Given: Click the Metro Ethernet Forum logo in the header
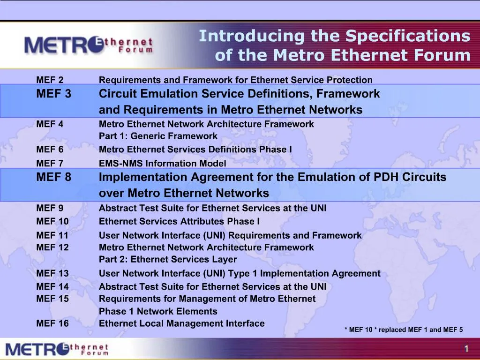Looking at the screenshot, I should click(89, 45).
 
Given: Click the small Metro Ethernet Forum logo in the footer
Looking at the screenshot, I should click(57, 349).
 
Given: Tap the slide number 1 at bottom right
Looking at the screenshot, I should click(466, 348).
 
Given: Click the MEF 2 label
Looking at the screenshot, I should click(50, 80).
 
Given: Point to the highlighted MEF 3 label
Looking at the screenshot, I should click(54, 94).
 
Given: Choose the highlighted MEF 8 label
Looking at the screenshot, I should click(54, 178).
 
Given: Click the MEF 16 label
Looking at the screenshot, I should click(52, 323).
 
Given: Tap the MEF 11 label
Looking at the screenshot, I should click(52, 235).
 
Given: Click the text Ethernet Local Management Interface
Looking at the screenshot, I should click(181, 323).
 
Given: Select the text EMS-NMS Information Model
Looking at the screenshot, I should click(162, 164).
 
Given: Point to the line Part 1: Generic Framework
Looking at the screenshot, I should click(158, 136).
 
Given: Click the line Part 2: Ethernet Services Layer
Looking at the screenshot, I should click(168, 260).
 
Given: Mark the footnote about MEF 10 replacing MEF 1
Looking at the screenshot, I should click(404, 330).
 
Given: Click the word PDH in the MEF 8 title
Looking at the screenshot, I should click(385, 178).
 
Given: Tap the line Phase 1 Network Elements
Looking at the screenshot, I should click(158, 311).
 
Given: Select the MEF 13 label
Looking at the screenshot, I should click(52, 273).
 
